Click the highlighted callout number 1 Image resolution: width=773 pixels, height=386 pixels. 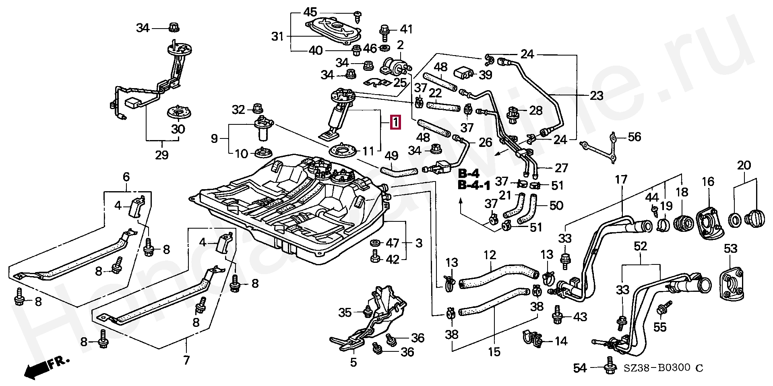[x=396, y=122]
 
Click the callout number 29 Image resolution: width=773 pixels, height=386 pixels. [x=162, y=155]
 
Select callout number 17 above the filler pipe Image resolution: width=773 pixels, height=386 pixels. [x=621, y=179]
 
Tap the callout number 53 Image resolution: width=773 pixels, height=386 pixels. [x=730, y=248]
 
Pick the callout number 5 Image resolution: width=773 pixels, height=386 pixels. [x=353, y=362]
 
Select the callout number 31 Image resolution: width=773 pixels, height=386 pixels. [x=277, y=37]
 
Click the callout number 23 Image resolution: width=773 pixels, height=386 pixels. [x=596, y=96]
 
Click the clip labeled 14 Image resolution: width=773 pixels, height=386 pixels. [x=532, y=338]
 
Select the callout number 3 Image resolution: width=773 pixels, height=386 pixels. [x=419, y=243]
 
